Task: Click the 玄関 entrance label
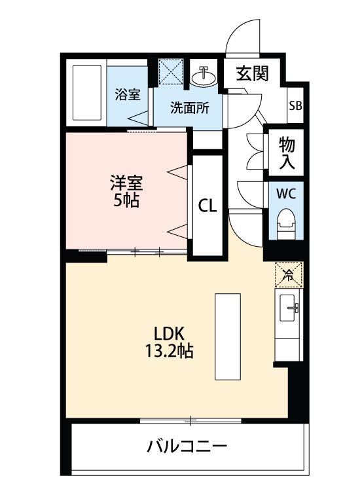tap(253, 74)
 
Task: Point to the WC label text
tap(285, 194)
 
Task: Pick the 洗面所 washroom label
tap(189, 109)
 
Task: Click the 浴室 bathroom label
tap(128, 94)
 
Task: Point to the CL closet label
tap(207, 206)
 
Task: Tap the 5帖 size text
tap(126, 200)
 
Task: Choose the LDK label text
tap(168, 332)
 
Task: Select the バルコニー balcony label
tap(187, 448)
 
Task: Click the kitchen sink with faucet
tap(288, 308)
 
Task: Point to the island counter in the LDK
tap(228, 336)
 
